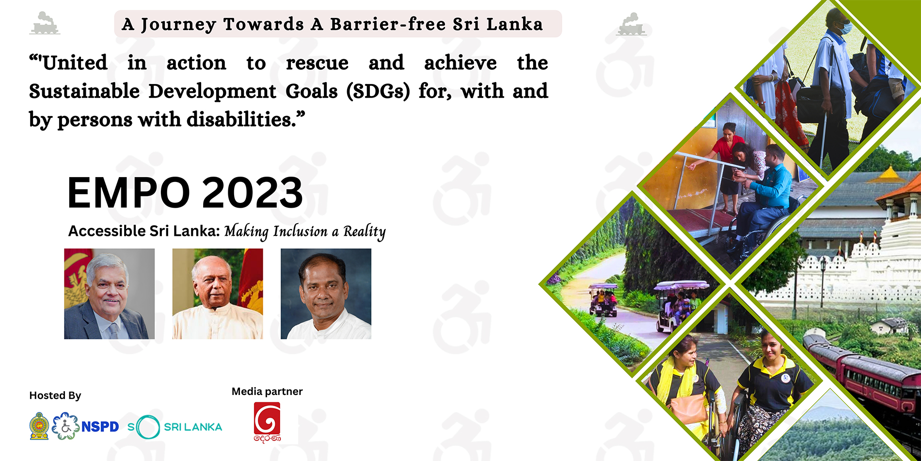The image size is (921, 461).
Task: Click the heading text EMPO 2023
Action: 185,192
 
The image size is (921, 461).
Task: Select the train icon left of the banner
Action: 45,23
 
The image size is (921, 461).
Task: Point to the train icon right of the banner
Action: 631,24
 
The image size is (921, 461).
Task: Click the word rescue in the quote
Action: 317,63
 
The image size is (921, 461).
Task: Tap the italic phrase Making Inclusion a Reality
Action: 305,231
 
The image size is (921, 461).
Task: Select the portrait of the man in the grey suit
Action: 110,294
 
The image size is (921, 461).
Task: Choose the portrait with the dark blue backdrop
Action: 326,294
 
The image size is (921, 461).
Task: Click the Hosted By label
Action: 55,395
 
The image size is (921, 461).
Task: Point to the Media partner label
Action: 267,392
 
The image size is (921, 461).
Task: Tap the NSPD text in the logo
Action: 100,427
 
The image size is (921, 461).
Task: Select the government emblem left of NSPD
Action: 39,426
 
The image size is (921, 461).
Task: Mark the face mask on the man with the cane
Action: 845,28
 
